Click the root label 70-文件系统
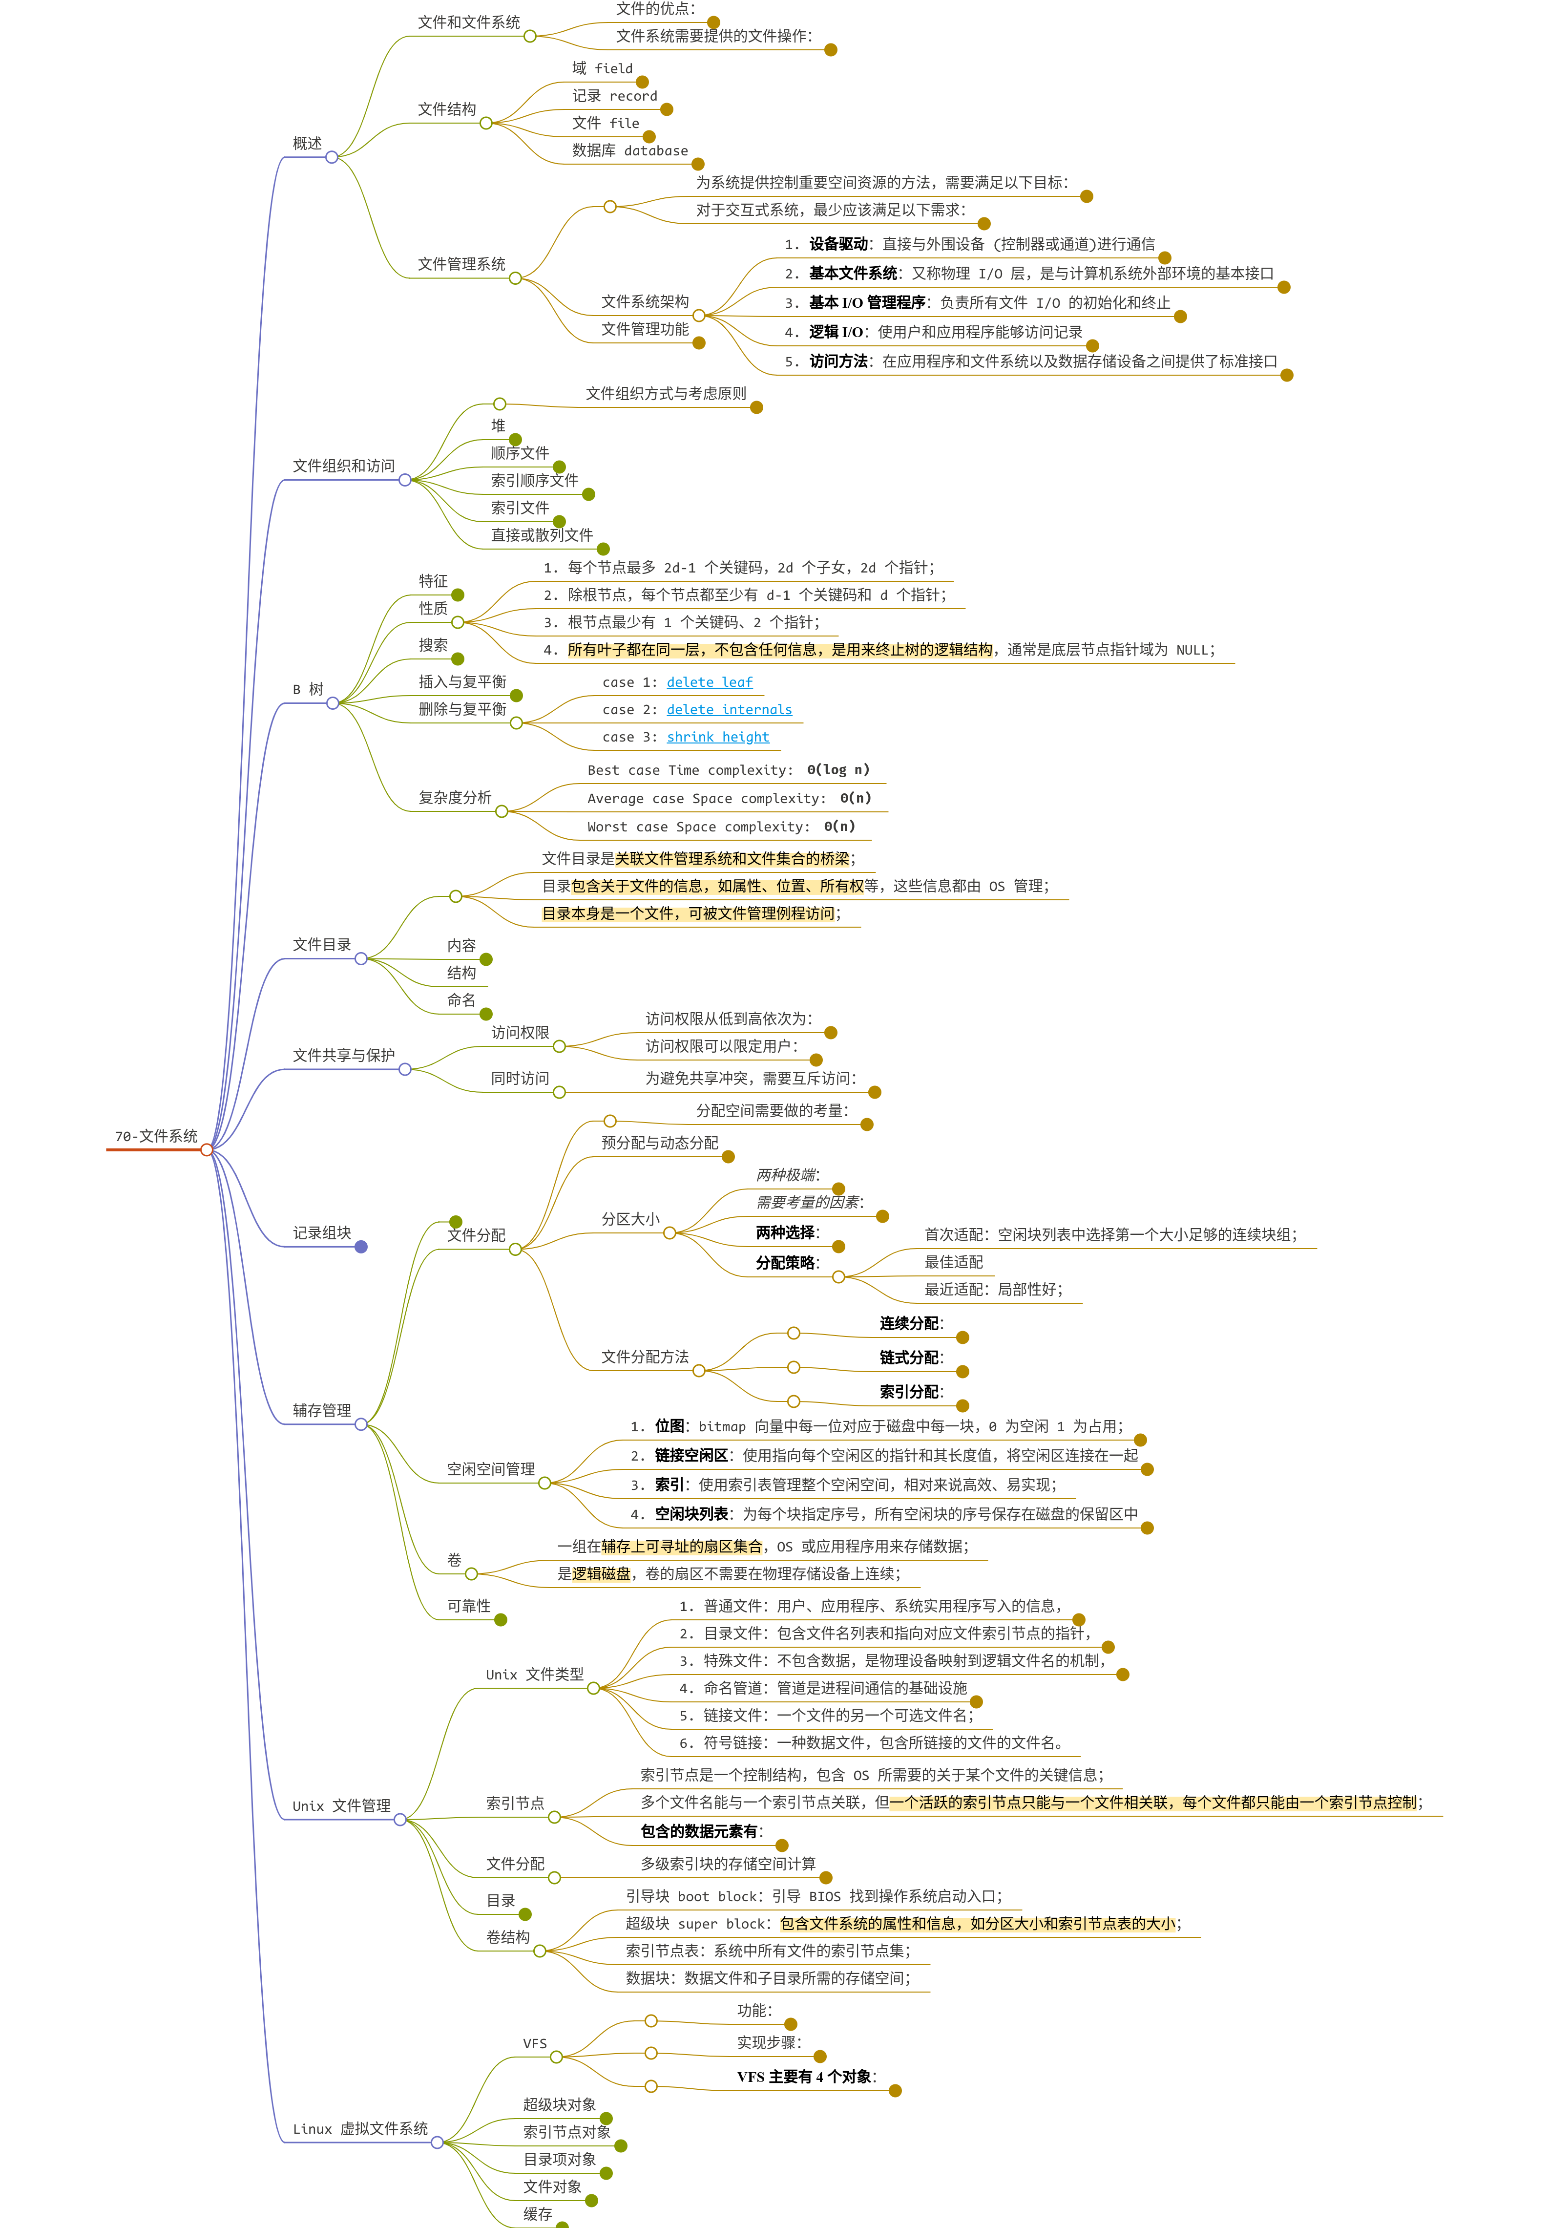click(x=155, y=1136)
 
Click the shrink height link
click(x=718, y=737)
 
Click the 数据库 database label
click(x=629, y=150)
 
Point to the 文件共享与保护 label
click(x=343, y=1055)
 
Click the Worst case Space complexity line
click(x=721, y=827)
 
